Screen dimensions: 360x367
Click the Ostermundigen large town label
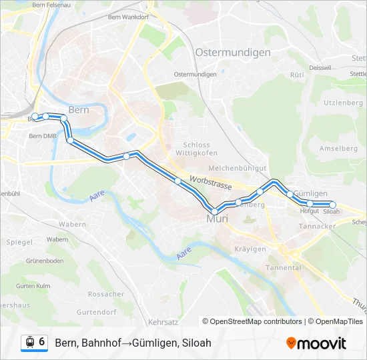click(233, 52)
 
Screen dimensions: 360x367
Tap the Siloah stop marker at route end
click(332, 204)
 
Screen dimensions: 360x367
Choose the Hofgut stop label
click(310, 211)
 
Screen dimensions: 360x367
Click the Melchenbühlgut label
click(238, 169)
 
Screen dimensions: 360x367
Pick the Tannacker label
click(318, 226)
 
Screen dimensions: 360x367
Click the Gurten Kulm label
click(33, 285)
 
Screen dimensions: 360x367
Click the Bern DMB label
click(43, 135)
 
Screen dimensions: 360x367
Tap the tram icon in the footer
click(29, 342)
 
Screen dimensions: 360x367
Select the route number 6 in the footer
click(42, 342)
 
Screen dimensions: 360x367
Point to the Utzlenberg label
click(343, 103)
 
